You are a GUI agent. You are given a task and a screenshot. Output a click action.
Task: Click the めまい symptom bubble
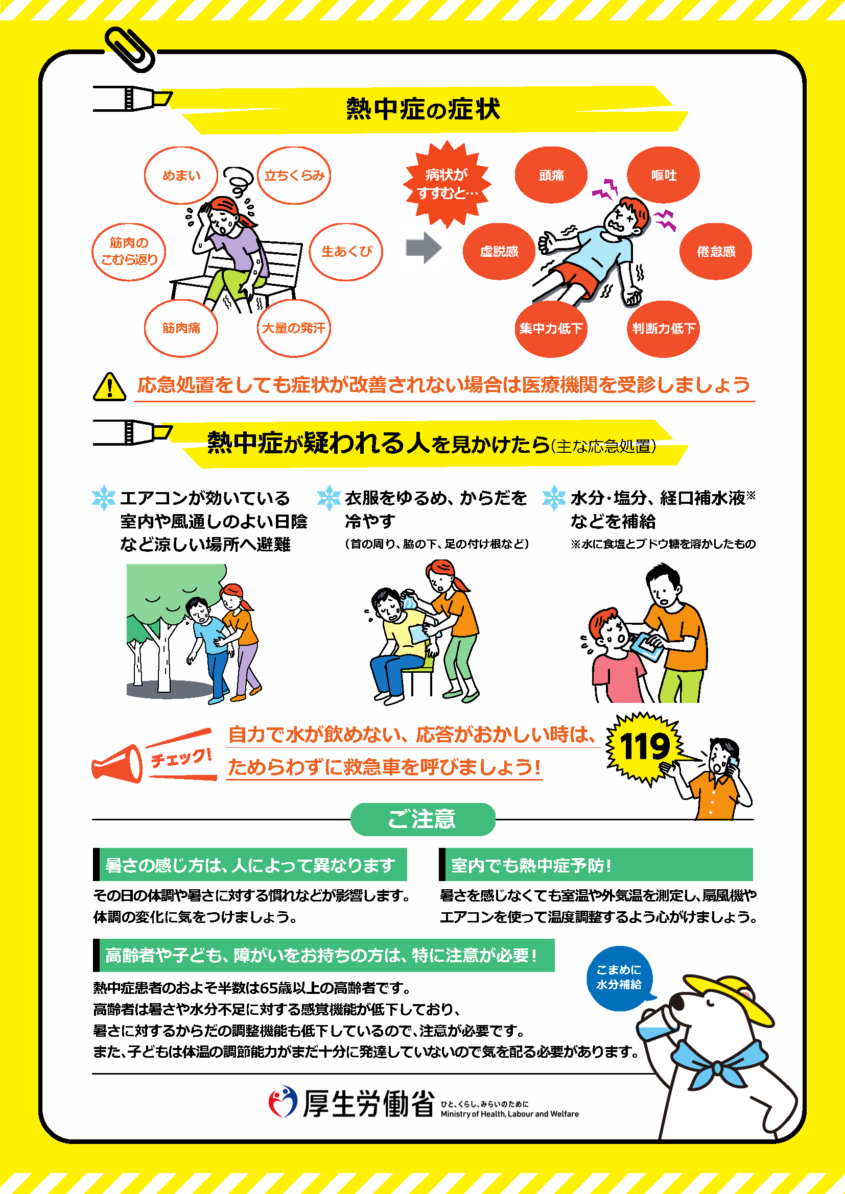[x=181, y=175]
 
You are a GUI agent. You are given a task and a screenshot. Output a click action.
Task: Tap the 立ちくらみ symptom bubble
[x=294, y=175]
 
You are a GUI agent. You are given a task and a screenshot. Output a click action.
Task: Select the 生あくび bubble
[x=346, y=252]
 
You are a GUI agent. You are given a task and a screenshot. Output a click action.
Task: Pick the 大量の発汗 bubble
[x=294, y=328]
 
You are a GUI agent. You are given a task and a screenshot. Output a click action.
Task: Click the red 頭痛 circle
[x=551, y=175]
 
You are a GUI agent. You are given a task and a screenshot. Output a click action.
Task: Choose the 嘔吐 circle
[x=664, y=175]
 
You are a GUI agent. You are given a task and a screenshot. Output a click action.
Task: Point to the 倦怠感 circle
[x=716, y=252]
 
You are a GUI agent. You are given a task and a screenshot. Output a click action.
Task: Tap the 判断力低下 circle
[x=664, y=329]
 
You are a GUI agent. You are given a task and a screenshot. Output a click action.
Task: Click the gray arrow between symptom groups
[x=424, y=248]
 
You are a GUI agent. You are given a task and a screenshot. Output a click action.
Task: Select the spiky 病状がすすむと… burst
[x=447, y=184]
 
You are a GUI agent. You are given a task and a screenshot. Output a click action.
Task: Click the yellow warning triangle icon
[x=109, y=387]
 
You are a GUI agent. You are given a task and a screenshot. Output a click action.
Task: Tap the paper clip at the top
[x=130, y=50]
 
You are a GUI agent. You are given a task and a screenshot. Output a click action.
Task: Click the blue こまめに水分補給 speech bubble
[x=619, y=978]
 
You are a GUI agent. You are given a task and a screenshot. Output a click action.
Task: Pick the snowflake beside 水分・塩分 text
[x=554, y=498]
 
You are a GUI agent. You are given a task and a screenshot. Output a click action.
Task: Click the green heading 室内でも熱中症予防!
[x=596, y=864]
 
